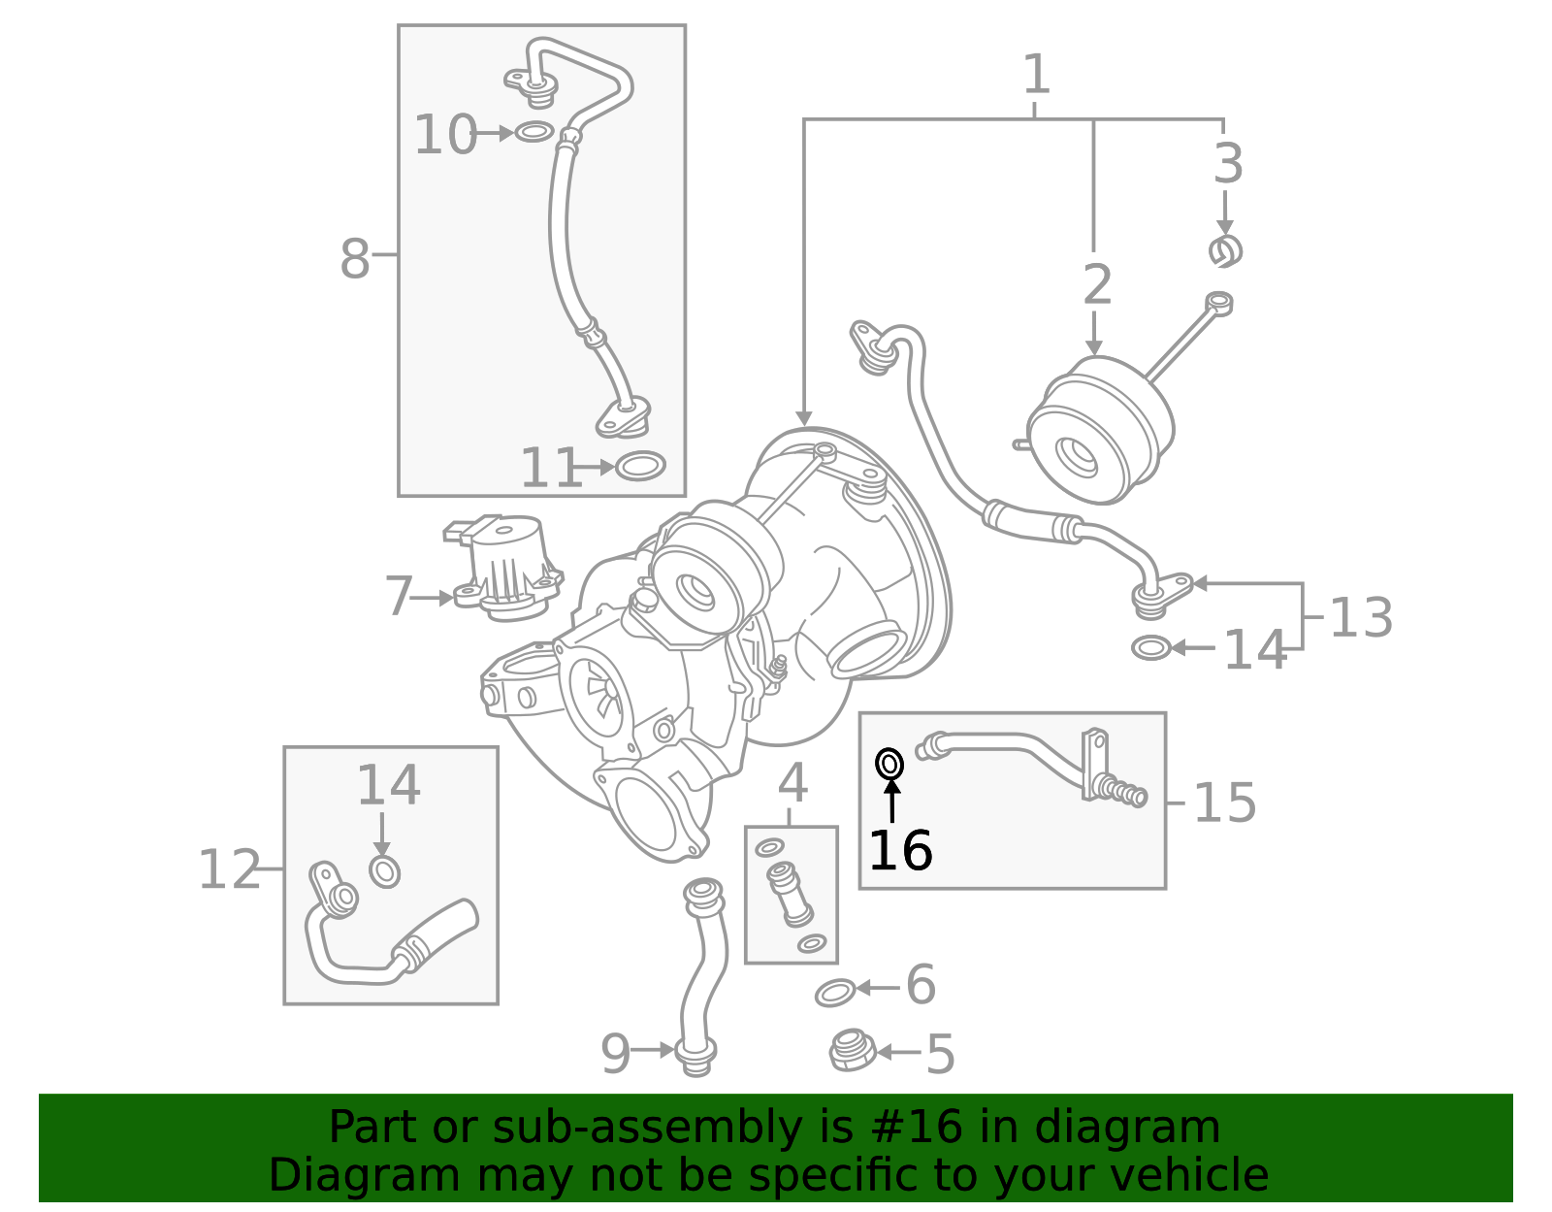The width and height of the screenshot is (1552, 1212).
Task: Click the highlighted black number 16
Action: pyautogui.click(x=900, y=851)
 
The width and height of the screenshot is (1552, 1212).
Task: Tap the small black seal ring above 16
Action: pyautogui.click(x=889, y=765)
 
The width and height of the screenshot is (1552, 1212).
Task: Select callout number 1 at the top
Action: pyautogui.click(x=1036, y=75)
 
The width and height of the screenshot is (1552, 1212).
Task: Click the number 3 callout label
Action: pyautogui.click(x=1228, y=164)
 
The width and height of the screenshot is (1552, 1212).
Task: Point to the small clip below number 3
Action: pyautogui.click(x=1226, y=251)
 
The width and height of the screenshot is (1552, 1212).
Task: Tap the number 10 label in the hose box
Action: pyautogui.click(x=445, y=135)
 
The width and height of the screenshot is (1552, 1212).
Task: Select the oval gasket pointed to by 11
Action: pyautogui.click(x=640, y=467)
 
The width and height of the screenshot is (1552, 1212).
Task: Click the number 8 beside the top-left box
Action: pyautogui.click(x=355, y=259)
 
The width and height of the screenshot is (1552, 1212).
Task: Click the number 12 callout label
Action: pyautogui.click(x=229, y=869)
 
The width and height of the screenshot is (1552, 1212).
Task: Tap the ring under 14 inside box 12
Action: pyautogui.click(x=385, y=871)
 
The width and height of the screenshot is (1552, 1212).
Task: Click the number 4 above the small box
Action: pyautogui.click(x=792, y=783)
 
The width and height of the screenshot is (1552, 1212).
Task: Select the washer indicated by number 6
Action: pyautogui.click(x=835, y=993)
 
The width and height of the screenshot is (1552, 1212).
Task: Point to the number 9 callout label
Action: pyautogui.click(x=615, y=1053)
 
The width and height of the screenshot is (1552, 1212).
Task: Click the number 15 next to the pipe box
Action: pyautogui.click(x=1224, y=803)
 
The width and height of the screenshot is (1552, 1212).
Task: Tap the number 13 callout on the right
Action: pyautogui.click(x=1360, y=617)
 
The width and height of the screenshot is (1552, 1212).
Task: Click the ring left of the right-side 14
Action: pyautogui.click(x=1151, y=647)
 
